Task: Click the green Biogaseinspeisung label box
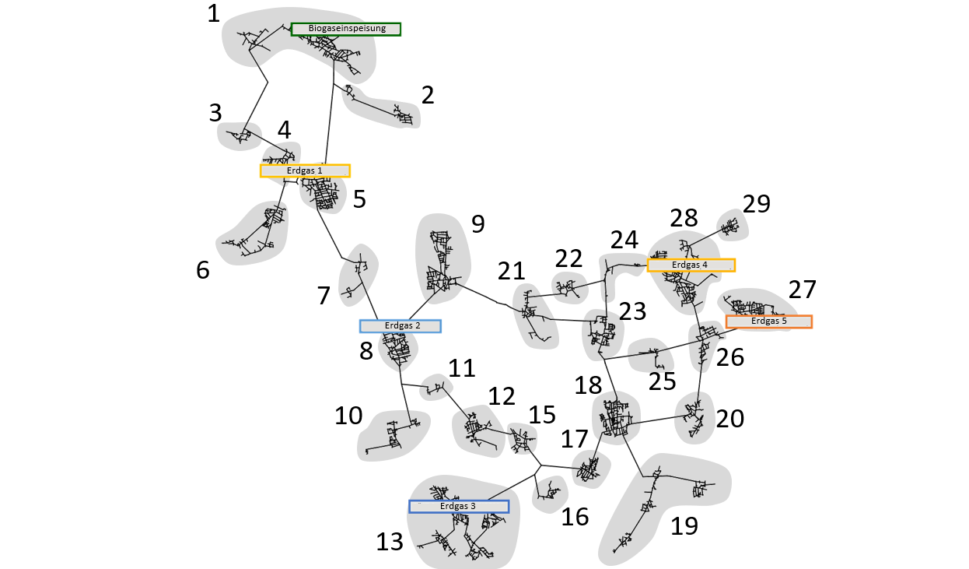345,30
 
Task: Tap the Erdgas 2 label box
400,326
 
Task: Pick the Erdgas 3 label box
459,507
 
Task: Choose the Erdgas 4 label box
691,265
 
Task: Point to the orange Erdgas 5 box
768,321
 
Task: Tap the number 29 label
756,204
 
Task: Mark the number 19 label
684,526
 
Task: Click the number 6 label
203,270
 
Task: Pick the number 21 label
512,272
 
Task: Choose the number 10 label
348,416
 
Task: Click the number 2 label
427,95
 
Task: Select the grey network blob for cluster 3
239,137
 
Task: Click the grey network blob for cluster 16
549,493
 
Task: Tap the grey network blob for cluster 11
436,387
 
